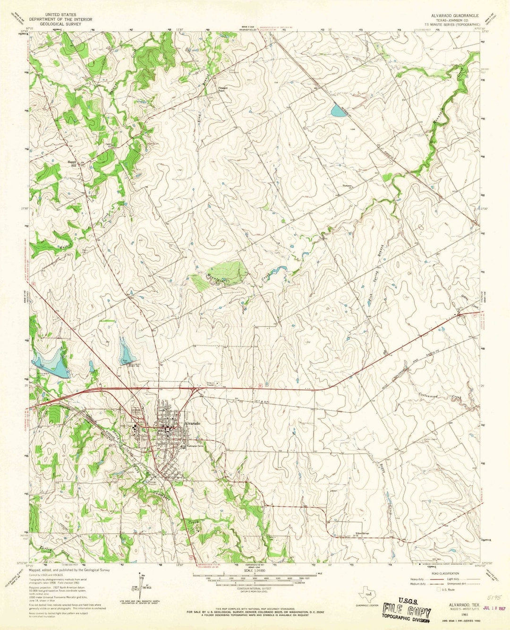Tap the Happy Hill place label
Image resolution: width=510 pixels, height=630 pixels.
70,164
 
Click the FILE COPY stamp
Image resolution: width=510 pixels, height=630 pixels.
407,611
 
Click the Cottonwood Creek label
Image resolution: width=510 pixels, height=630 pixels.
439,396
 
